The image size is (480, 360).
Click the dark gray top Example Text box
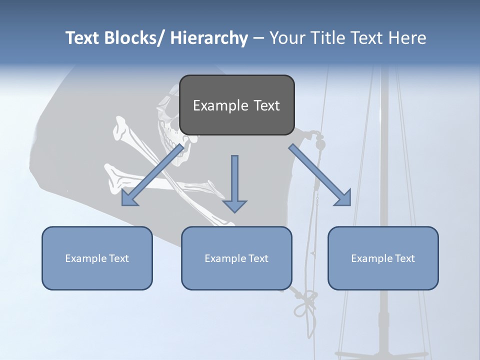pos(236,105)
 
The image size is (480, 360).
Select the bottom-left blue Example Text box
pos(97,258)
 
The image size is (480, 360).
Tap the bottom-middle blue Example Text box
pos(236,258)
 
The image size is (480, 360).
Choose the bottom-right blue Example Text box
pos(383,258)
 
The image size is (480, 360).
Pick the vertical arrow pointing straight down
pos(234,183)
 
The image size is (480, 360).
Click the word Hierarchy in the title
pos(209,38)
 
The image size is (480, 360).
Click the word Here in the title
pos(407,38)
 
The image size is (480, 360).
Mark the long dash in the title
pos(258,38)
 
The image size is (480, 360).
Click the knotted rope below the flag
pos(305,302)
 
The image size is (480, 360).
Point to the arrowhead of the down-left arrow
pos(128,199)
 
